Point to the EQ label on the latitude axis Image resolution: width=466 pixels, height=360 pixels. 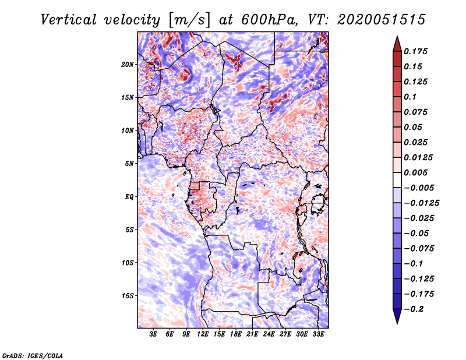point(130,197)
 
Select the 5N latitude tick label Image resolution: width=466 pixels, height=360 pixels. point(130,164)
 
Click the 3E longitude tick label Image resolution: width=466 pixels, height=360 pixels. point(153,335)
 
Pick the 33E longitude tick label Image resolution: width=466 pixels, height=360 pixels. point(318,335)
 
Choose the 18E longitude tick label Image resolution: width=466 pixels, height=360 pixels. point(236,335)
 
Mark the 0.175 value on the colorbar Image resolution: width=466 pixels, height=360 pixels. point(417,52)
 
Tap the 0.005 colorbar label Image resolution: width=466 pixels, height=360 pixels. point(417,173)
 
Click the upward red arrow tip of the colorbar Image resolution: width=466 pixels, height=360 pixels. point(397,40)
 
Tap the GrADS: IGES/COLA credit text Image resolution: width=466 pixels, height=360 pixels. point(33,355)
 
